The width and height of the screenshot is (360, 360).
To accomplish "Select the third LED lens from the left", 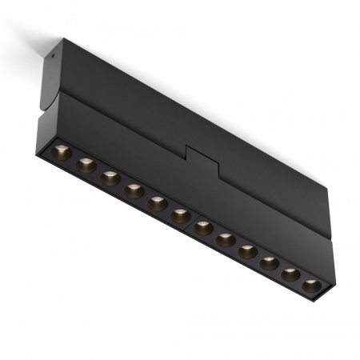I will (x=110, y=178).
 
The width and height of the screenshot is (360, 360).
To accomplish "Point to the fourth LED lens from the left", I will (x=134, y=191).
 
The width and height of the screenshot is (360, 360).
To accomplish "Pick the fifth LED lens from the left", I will (x=158, y=204).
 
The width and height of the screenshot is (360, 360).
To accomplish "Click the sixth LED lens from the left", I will (x=181, y=216).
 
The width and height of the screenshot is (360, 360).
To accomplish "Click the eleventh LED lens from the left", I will (x=291, y=274).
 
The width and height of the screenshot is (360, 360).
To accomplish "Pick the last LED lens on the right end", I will (x=312, y=285).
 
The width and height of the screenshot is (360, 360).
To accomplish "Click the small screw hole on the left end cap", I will (x=51, y=56).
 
